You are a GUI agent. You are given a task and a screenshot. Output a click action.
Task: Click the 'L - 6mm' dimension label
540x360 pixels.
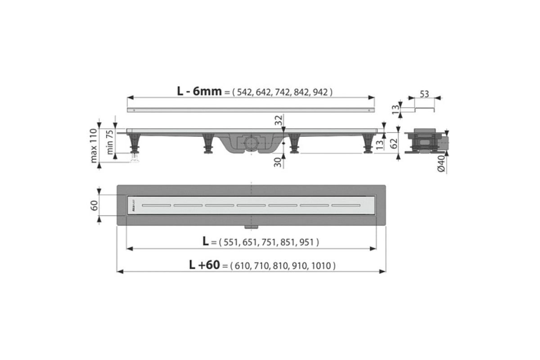pyautogui.click(x=199, y=91)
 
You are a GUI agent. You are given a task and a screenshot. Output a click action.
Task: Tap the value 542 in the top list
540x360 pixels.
pyautogui.click(x=244, y=92)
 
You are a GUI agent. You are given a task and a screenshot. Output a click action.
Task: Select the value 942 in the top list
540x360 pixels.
pyautogui.click(x=320, y=92)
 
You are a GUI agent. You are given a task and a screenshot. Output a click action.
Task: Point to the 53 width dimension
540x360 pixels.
pyautogui.click(x=424, y=94)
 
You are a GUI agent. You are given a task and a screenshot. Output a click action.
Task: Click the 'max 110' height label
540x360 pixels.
pyautogui.click(x=94, y=146)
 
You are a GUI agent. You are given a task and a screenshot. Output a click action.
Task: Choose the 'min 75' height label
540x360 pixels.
pyautogui.click(x=110, y=142)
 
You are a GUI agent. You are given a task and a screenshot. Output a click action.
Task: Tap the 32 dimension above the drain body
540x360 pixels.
pyautogui.click(x=279, y=120)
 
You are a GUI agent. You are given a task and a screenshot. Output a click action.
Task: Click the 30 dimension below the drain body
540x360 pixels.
pyautogui.click(x=278, y=162)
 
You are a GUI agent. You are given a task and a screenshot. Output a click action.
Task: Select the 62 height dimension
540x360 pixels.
pyautogui.click(x=394, y=144)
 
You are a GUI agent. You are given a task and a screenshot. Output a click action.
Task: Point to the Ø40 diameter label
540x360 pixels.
pyautogui.click(x=441, y=164)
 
